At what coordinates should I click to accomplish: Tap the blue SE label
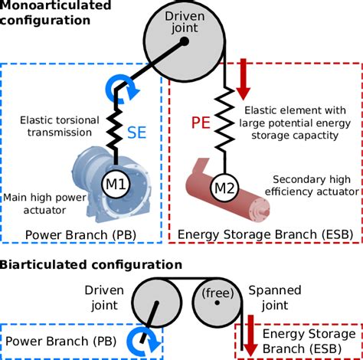click(x=139, y=132)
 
